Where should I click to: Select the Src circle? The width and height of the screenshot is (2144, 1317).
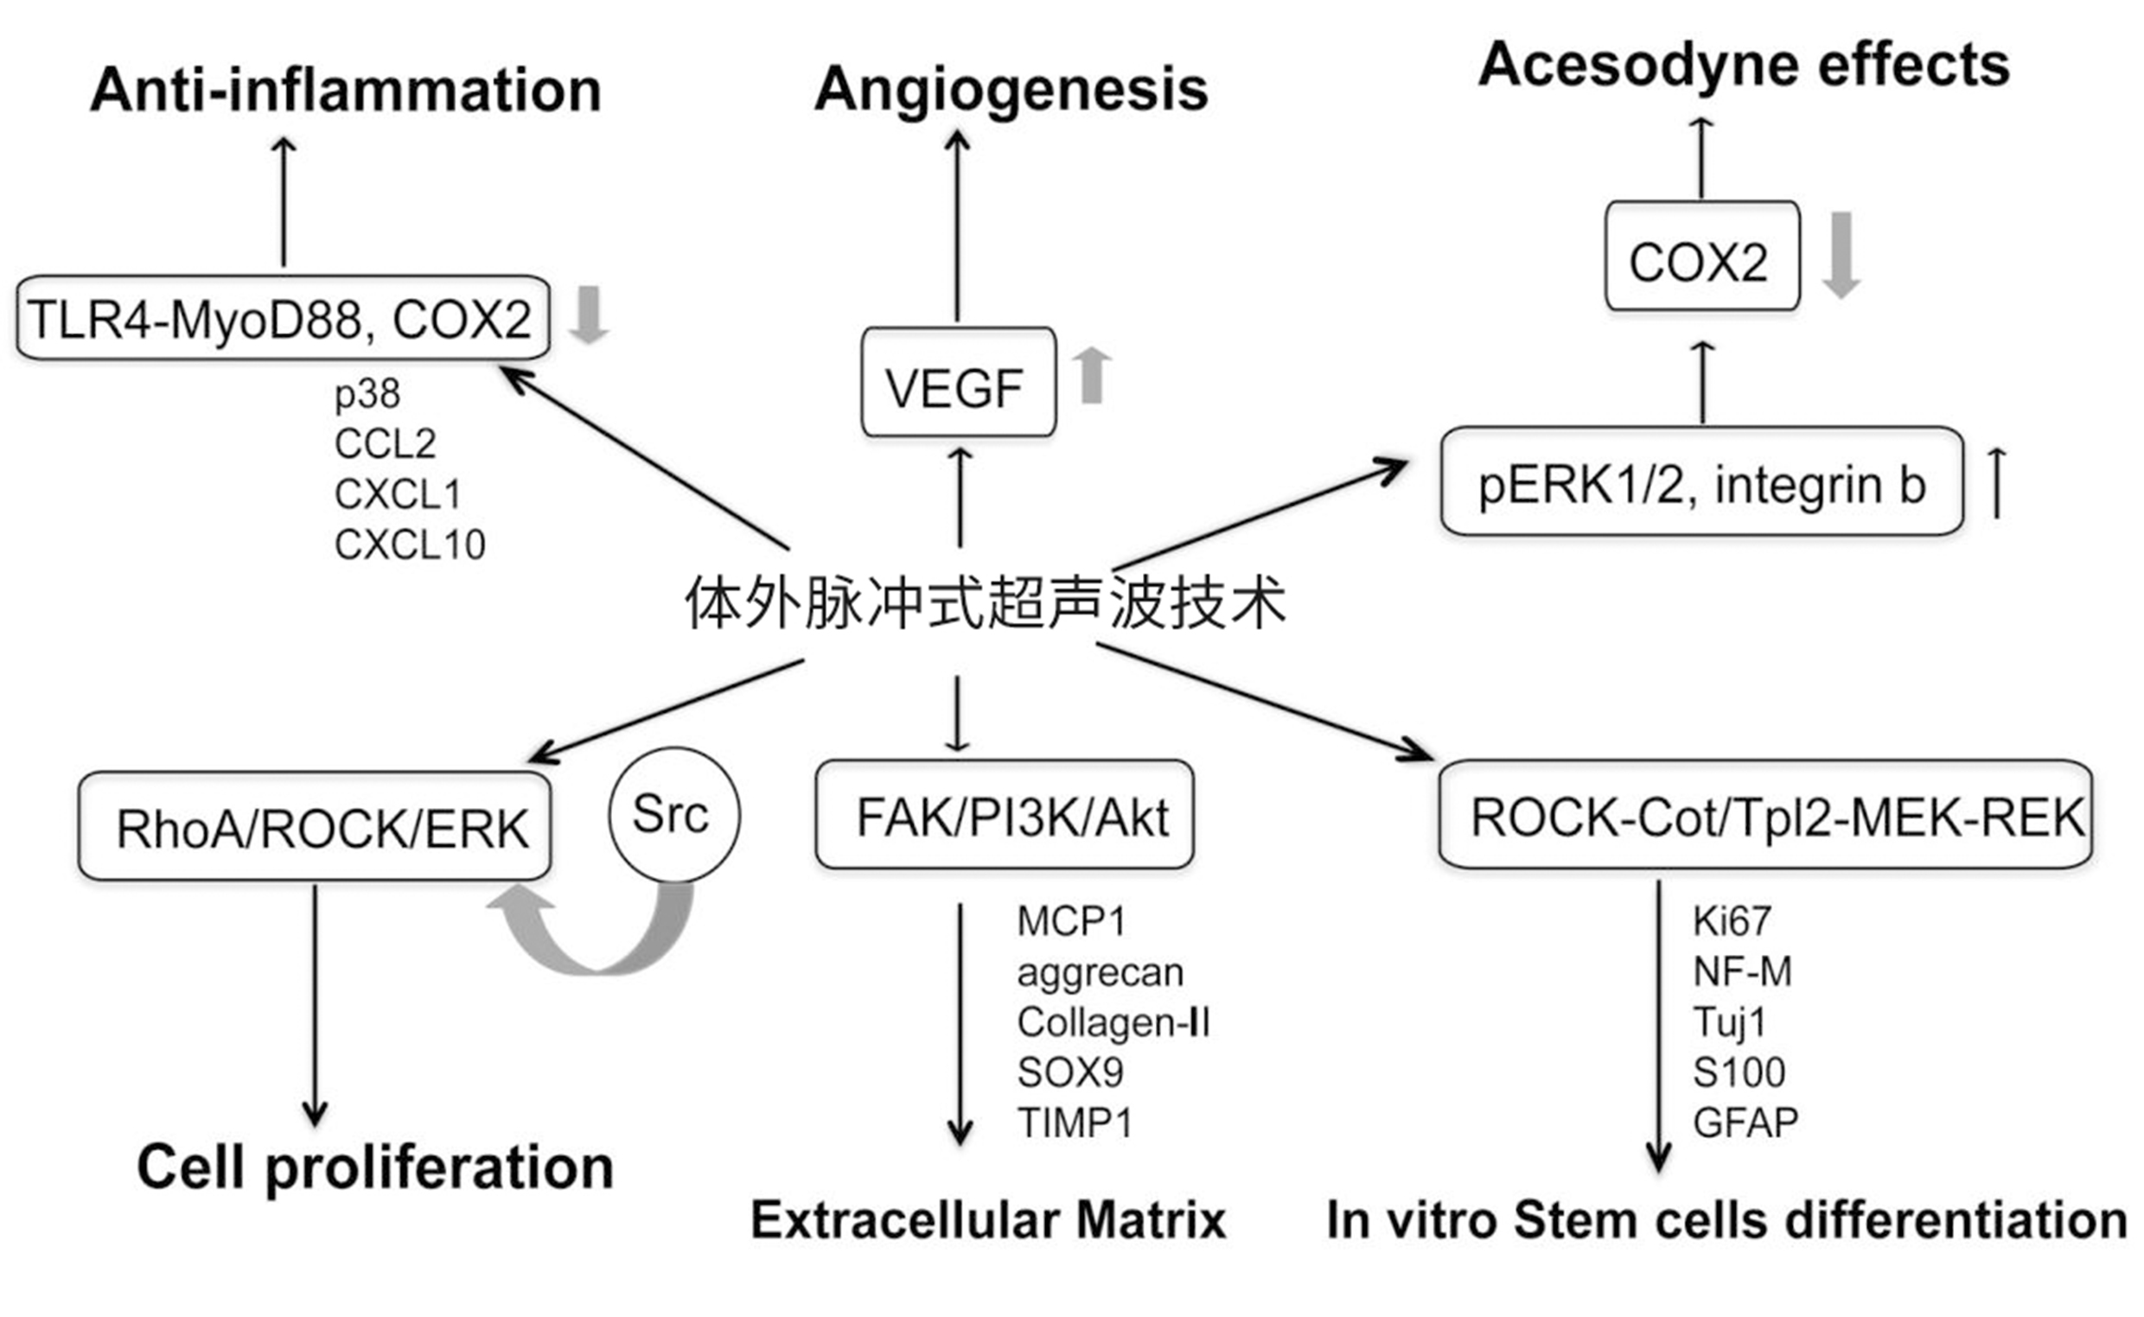tap(673, 815)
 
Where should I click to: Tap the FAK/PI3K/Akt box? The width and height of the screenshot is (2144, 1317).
tap(1004, 815)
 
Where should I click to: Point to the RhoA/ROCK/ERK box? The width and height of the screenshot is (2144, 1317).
tap(315, 826)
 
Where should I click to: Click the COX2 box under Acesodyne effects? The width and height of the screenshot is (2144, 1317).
tap(1701, 257)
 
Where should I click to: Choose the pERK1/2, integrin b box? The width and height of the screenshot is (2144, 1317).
tap(1701, 481)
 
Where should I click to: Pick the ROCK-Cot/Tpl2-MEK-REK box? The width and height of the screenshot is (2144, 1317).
tap(1765, 815)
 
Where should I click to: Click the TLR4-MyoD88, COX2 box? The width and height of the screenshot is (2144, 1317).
tap(284, 318)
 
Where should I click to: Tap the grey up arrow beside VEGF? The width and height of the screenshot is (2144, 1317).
tap(1091, 375)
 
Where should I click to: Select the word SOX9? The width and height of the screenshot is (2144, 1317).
tap(1069, 1072)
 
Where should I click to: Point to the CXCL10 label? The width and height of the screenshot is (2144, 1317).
tap(410, 545)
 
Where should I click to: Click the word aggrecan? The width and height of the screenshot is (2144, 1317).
tap(1100, 972)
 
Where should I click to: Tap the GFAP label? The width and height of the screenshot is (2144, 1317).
tap(1745, 1123)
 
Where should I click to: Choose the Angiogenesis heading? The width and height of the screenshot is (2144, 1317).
tap(1011, 89)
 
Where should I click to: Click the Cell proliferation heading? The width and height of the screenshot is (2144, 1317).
tap(374, 1167)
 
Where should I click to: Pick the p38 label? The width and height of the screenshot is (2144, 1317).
tap(367, 395)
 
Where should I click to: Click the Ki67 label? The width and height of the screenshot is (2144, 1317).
tap(1731, 921)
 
